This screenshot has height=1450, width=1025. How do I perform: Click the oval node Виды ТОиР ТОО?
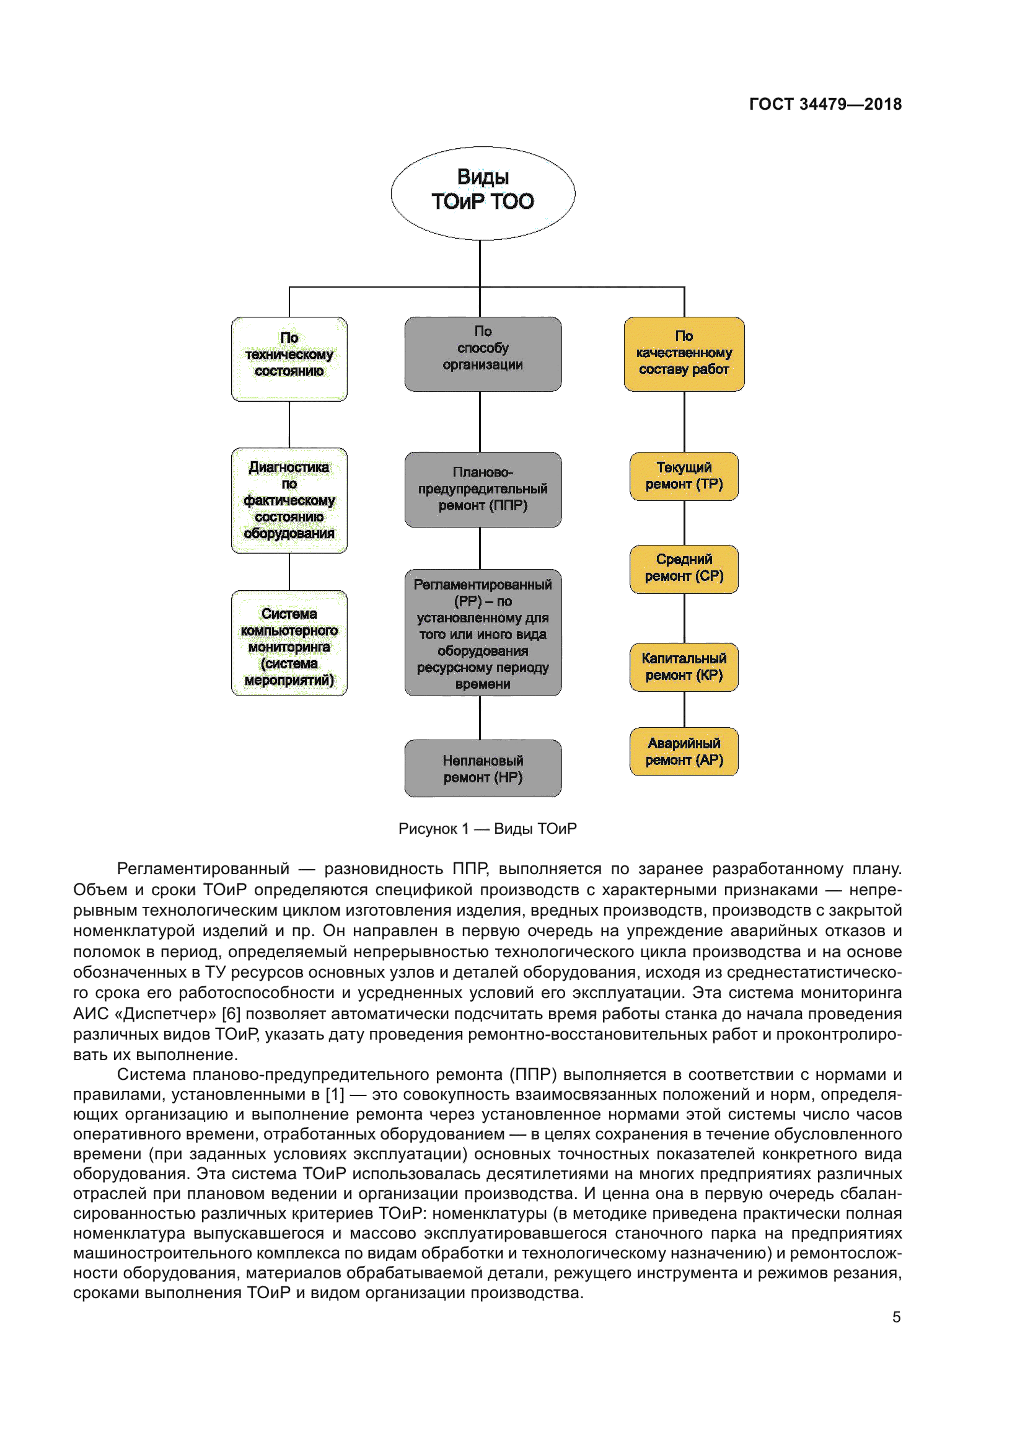tap(483, 193)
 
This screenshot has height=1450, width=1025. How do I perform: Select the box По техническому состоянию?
tap(289, 358)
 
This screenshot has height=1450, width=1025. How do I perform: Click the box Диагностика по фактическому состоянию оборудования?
tap(289, 500)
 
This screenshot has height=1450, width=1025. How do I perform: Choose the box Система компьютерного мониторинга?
tap(289, 643)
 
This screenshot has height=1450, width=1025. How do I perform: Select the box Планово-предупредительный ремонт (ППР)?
tap(483, 488)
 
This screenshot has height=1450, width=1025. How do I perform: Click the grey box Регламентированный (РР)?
tap(483, 632)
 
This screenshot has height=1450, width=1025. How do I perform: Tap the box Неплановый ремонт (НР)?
tap(483, 768)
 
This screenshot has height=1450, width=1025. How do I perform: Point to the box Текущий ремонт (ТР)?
tap(684, 476)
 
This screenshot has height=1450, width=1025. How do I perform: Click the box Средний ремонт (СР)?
tap(684, 568)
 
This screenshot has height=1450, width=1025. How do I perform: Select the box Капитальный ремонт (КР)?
tap(684, 667)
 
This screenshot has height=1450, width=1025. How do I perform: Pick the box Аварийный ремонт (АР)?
tap(684, 751)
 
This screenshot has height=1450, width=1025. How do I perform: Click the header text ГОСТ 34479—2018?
tap(825, 104)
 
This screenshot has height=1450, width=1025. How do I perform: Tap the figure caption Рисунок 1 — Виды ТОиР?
tap(487, 829)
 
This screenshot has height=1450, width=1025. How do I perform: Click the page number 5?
tap(896, 1317)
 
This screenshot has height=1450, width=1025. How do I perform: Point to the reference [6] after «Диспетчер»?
tap(231, 1014)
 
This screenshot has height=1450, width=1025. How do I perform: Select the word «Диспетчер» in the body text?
tap(165, 1014)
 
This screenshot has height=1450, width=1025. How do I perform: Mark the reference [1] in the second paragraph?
tap(335, 1094)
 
